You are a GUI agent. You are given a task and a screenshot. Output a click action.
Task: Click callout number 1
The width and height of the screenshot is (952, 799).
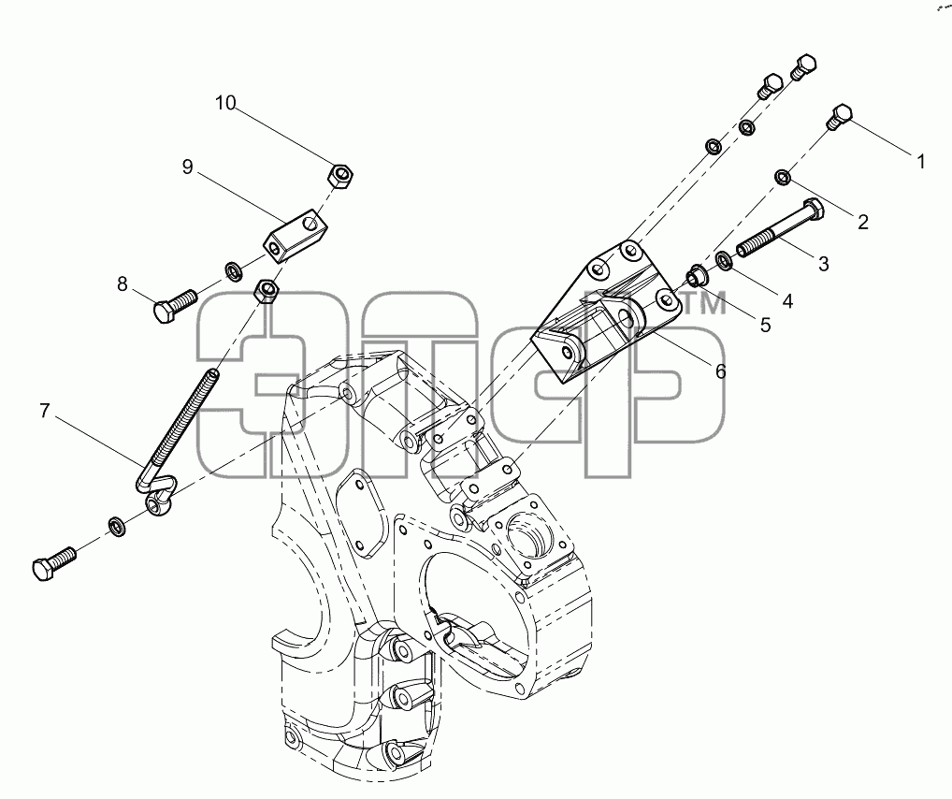(921, 162)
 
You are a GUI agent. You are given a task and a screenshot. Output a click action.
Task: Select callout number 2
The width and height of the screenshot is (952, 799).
(863, 223)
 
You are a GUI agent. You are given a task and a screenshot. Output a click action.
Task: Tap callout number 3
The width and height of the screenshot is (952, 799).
(823, 264)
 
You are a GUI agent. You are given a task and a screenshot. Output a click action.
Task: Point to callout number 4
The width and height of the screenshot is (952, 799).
(787, 300)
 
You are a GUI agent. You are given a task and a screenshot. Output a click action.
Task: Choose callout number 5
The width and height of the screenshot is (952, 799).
(766, 325)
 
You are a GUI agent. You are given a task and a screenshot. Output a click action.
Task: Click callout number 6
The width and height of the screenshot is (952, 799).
(721, 370)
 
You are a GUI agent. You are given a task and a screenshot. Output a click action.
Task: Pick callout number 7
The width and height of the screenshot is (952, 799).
(44, 412)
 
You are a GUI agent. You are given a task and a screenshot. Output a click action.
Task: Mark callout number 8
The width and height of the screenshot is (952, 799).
(123, 283)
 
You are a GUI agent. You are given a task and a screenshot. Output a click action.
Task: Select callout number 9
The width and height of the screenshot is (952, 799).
(188, 167)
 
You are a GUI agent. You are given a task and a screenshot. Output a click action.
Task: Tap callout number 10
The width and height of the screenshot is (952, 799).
(225, 103)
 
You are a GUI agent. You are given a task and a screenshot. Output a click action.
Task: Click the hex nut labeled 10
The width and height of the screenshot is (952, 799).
(340, 176)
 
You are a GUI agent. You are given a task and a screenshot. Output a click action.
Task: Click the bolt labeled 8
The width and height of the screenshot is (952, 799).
(174, 305)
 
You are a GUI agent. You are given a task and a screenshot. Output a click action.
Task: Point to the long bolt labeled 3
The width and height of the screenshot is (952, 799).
(780, 228)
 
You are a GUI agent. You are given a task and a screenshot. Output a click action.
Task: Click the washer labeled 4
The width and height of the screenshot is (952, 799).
(724, 260)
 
